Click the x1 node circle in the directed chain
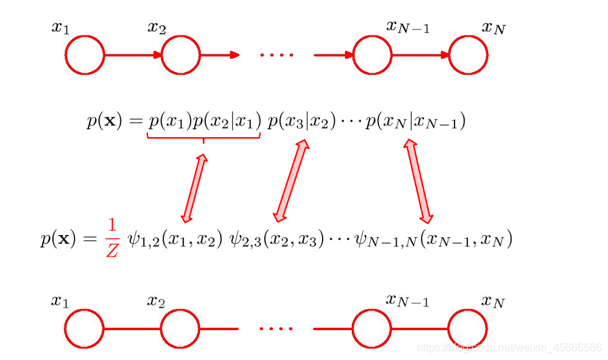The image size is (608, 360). point(85,54)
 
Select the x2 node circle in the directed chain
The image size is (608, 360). point(181,54)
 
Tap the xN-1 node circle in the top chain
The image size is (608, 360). point(372,54)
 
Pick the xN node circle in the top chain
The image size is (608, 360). point(467,54)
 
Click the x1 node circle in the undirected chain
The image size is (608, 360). point(84,329)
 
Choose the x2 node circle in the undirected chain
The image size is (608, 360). point(180,329)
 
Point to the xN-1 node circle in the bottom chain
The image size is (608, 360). point(372,329)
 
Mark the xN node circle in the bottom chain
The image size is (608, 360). point(467,329)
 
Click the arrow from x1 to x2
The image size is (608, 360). point(133,54)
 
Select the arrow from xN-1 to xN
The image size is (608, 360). point(420,54)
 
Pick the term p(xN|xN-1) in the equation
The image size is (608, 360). point(415,122)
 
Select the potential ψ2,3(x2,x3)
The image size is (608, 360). point(275,240)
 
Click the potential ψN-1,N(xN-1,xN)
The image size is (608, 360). point(433,240)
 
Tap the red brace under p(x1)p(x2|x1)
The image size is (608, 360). point(204,139)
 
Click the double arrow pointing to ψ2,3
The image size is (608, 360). point(291,181)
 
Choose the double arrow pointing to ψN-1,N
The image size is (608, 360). point(418,181)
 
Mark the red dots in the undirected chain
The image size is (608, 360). point(276,329)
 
